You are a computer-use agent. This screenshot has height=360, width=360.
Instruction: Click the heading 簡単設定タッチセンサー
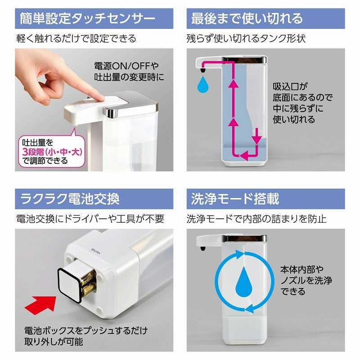(87, 18)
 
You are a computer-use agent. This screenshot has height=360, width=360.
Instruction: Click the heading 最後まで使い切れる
(247, 18)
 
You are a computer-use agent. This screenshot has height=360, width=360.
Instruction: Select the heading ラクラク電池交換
(70, 199)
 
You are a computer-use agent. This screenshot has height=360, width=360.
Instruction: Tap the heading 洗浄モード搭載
(235, 199)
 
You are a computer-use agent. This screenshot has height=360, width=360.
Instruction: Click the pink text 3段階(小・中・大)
(52, 152)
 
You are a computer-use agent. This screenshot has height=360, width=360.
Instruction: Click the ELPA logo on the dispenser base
(96, 251)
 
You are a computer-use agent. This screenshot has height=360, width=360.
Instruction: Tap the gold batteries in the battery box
(89, 283)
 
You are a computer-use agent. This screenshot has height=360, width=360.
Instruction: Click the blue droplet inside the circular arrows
(244, 282)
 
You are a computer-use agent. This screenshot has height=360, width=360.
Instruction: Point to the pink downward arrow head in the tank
(256, 139)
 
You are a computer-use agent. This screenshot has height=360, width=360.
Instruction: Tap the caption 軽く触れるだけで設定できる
(76, 39)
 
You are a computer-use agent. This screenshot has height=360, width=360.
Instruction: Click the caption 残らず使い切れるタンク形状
(246, 39)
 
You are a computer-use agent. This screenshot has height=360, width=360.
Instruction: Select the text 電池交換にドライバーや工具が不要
(90, 219)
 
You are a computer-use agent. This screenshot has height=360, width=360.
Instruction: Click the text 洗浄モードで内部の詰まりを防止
(256, 219)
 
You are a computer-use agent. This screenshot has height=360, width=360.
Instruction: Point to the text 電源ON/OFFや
(126, 66)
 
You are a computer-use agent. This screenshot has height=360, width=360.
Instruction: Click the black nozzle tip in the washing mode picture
(202, 249)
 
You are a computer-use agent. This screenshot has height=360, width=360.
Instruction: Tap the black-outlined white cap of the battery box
(70, 285)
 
